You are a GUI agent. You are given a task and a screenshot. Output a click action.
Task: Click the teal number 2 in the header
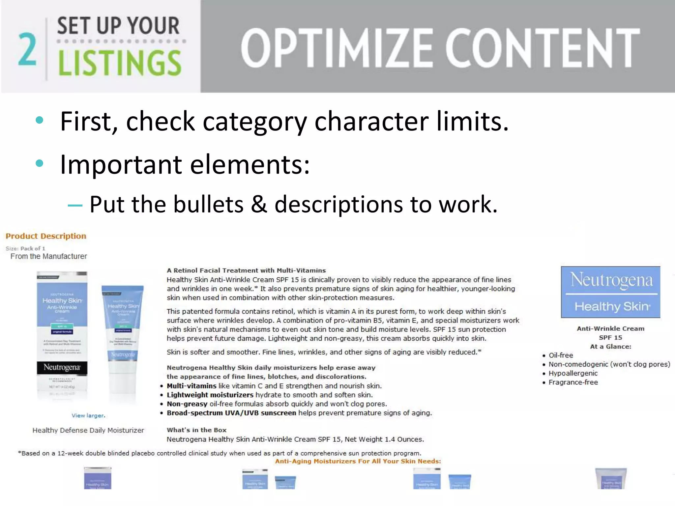27,49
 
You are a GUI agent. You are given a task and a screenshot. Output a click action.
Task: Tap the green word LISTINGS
119,64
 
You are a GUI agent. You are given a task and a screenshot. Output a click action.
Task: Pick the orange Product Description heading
46,236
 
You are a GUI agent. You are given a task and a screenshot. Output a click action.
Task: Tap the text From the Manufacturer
48,256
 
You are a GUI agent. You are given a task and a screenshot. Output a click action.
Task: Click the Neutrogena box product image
62,334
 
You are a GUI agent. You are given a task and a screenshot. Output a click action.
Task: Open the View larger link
88,416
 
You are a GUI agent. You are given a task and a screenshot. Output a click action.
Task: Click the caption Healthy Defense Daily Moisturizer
88,430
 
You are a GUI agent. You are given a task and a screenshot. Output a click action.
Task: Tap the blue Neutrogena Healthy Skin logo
610,292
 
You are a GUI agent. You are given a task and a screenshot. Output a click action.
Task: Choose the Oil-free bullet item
561,355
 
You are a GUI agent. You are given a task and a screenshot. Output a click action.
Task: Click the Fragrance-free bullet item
573,382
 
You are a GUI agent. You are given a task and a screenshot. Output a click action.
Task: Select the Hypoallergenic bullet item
573,374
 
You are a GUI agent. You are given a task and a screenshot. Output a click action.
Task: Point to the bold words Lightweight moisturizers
210,395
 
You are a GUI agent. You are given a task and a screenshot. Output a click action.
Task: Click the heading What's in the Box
196,430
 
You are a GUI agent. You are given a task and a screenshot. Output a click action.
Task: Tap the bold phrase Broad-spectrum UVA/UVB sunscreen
231,413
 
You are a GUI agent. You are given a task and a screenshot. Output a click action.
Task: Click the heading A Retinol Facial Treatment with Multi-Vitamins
246,270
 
